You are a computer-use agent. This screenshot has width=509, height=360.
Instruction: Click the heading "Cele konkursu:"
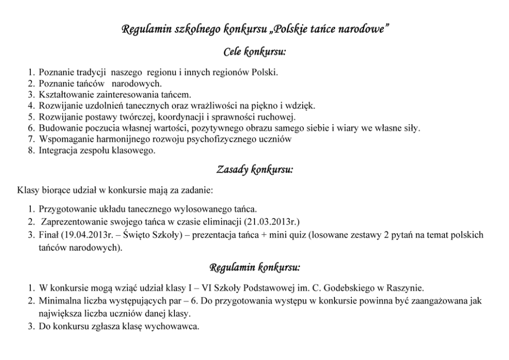[254, 52]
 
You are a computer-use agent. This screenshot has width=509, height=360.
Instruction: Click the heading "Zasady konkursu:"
[254, 170]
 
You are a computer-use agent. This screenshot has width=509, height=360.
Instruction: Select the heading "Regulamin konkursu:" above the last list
[254, 268]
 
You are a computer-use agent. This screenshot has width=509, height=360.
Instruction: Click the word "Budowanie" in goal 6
[59, 128]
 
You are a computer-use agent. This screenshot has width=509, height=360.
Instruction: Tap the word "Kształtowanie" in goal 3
[65, 94]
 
